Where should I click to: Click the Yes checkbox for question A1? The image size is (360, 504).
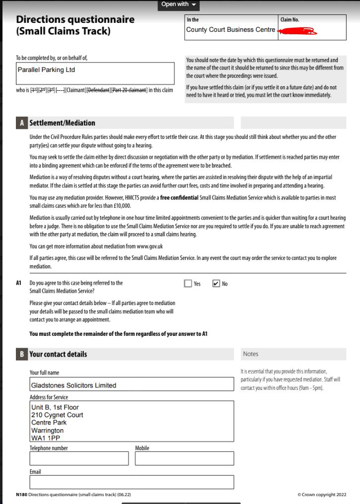coord(188,284)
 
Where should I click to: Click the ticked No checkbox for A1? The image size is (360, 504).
coord(216,284)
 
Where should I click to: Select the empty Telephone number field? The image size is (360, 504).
coord(79,458)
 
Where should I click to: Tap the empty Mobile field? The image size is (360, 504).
coord(184,458)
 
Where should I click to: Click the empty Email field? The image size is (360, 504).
coord(132,482)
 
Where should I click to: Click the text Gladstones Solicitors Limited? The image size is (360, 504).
coord(73,385)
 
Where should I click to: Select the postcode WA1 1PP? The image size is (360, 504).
coord(46,438)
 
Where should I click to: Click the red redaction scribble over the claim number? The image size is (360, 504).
coord(297,32)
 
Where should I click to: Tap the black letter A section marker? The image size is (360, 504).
coord(22,123)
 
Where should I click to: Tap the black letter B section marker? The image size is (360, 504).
coord(22,354)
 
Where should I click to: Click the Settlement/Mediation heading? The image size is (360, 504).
coord(62,123)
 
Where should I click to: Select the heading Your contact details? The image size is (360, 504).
coord(58,354)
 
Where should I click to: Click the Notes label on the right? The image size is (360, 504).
coord(251,354)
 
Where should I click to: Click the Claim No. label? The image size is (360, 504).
coord(289,20)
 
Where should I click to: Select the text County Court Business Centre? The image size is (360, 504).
coord(230,30)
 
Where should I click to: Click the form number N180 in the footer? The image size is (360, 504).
coord(21,495)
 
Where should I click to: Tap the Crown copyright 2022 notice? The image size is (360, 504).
coord(322,495)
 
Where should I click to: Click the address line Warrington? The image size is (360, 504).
coord(47,431)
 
